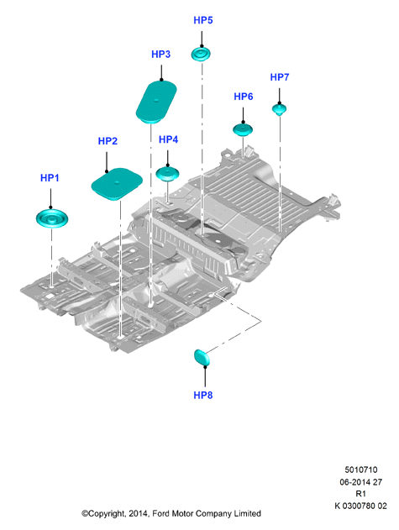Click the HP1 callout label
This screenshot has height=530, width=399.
(50, 178)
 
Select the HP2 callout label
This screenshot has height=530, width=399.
(108, 141)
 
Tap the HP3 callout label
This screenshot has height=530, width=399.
(161, 54)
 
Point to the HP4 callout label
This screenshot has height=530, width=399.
(168, 139)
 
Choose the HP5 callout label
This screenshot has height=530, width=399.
(203, 20)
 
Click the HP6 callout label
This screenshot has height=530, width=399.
(244, 97)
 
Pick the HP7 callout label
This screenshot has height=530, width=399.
(280, 77)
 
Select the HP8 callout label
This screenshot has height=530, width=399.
(203, 395)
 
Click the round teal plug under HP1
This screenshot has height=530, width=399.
(52, 218)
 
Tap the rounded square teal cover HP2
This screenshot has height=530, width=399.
(117, 184)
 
